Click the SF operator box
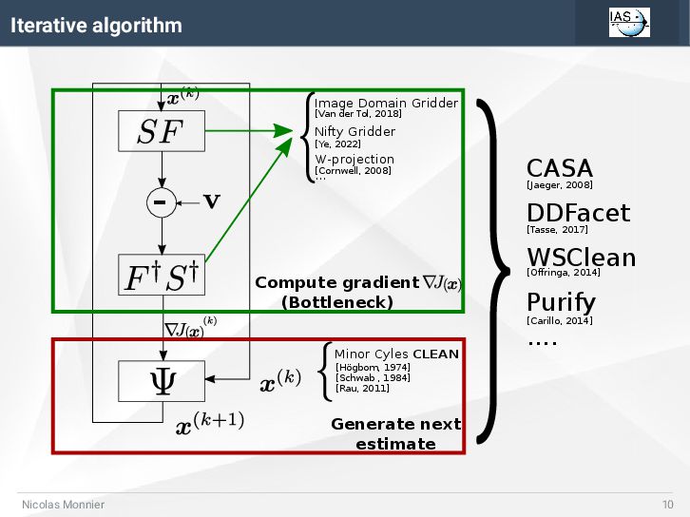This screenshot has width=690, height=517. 161,131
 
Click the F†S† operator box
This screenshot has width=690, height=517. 161,276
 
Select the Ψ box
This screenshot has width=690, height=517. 161,380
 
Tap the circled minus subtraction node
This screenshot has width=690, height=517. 161,202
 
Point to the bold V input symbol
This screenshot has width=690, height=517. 212,202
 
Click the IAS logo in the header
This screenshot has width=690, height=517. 629,22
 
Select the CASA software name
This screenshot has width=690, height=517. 559,168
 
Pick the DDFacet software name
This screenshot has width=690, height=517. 578,213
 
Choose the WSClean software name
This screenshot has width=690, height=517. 581,258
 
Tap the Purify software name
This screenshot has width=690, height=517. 561,303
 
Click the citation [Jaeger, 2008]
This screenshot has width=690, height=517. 559,185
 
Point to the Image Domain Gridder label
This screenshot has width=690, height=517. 386,103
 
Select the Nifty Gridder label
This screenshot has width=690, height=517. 355,131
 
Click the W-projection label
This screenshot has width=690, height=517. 354,159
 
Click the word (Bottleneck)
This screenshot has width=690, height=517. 337,302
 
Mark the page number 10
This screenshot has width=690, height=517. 667,504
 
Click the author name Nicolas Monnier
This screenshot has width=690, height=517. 64,504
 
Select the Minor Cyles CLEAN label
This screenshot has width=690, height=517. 396,354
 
